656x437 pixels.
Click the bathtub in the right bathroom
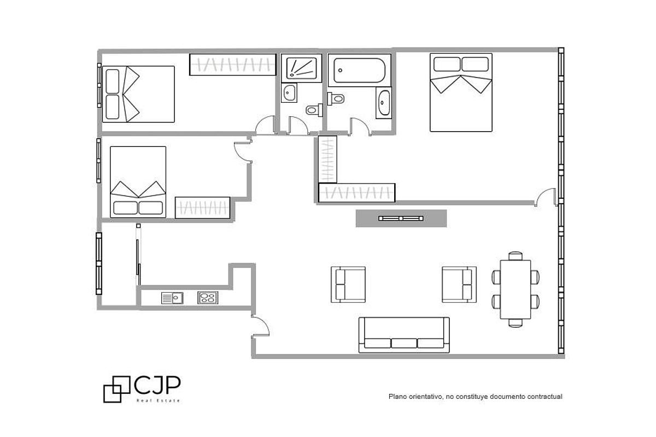(360, 70)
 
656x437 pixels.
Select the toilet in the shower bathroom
(312, 110)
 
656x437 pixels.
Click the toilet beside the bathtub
(336, 99)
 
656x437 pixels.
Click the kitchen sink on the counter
(171, 298)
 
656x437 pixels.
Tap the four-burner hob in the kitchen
(208, 298)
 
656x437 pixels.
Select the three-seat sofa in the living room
(404, 335)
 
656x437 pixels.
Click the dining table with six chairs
(516, 290)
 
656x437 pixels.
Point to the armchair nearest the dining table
(459, 284)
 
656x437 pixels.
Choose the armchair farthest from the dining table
(348, 284)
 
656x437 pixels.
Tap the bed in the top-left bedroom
(138, 94)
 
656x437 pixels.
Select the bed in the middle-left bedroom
(138, 181)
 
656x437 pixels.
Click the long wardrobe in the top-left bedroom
(232, 64)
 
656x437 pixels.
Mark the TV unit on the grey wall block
(401, 218)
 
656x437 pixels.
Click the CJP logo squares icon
(116, 389)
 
